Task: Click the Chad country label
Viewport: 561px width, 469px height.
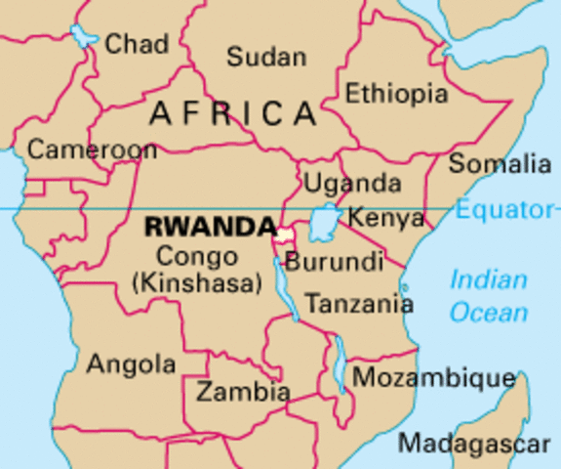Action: tap(137, 44)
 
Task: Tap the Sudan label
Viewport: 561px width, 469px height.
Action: tap(265, 57)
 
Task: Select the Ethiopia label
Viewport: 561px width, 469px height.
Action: tap(397, 94)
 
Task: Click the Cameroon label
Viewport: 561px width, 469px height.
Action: tap(92, 149)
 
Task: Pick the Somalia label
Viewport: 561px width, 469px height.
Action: tap(500, 163)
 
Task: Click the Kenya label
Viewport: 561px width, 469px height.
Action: tap(385, 217)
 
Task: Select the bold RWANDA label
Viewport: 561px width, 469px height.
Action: tap(209, 227)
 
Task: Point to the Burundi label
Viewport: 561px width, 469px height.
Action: tap(334, 262)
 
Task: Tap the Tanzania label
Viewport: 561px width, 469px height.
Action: tap(360, 304)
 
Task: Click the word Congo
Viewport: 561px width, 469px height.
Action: tap(196, 258)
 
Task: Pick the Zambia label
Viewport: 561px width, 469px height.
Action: tap(243, 393)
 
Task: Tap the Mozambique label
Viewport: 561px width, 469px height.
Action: tap(433, 378)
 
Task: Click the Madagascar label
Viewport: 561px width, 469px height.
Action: tap(474, 443)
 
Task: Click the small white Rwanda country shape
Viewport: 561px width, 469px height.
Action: tap(283, 234)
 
